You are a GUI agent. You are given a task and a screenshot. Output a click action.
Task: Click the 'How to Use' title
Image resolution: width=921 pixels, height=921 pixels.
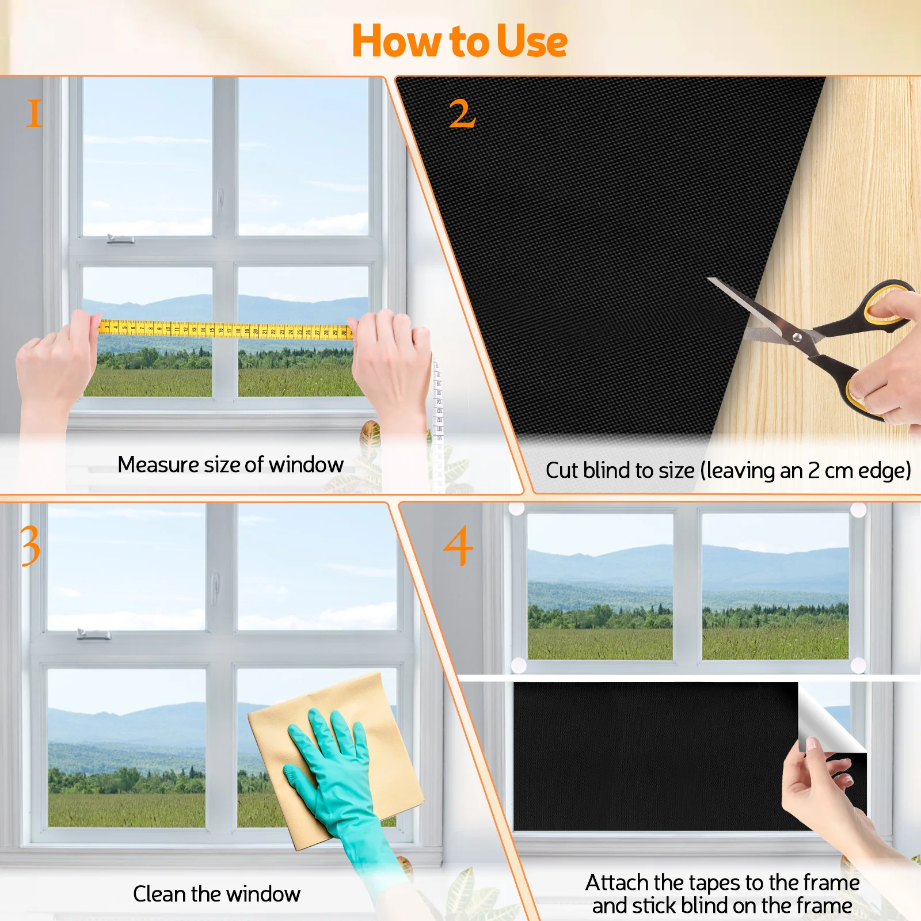coord(459,41)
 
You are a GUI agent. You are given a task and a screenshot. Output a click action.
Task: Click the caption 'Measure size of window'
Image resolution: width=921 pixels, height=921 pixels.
coord(230,465)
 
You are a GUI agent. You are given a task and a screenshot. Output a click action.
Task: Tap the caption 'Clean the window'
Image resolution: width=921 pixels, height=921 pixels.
coord(216,894)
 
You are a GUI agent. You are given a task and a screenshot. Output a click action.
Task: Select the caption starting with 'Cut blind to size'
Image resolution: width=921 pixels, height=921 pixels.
coord(728,471)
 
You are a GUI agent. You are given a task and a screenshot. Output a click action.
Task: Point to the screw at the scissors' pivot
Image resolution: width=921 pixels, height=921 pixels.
coord(797,337)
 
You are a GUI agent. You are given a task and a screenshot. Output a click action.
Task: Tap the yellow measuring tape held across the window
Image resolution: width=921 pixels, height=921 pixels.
coord(224,330)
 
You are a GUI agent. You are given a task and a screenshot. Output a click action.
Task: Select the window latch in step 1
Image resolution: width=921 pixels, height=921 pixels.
coord(121,238)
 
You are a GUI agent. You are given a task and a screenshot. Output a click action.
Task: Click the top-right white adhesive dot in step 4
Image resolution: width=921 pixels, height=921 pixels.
coord(858,510)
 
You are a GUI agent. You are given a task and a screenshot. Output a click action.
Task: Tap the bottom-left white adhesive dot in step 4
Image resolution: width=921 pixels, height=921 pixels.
coord(519,665)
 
